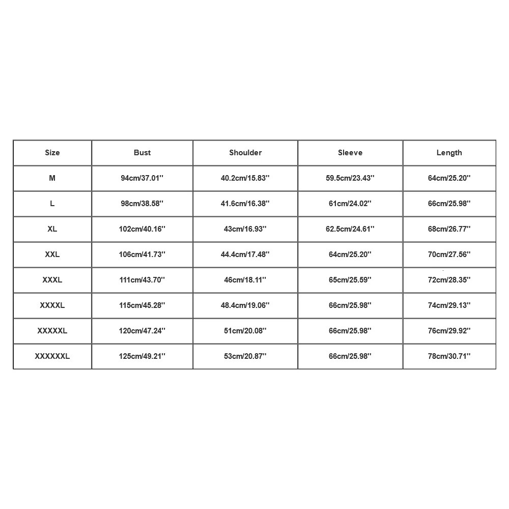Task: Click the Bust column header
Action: (143, 153)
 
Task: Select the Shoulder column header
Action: (245, 153)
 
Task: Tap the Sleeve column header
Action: (350, 153)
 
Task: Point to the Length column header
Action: (449, 153)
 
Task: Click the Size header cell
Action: (52, 153)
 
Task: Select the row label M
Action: (52, 178)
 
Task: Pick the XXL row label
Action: (52, 254)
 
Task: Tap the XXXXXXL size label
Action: (52, 356)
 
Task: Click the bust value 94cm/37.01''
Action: (143, 178)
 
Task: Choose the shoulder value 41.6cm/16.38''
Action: (245, 204)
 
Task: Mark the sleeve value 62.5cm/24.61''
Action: (350, 229)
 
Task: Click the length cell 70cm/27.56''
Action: (449, 254)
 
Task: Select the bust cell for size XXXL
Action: (143, 280)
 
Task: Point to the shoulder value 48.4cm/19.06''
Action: (245, 305)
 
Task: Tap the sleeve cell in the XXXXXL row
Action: (350, 331)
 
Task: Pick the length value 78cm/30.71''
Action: (449, 356)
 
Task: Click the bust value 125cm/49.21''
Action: (143, 356)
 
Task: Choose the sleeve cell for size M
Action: (350, 178)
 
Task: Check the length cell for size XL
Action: (449, 229)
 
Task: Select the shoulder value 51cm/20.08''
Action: (245, 331)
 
